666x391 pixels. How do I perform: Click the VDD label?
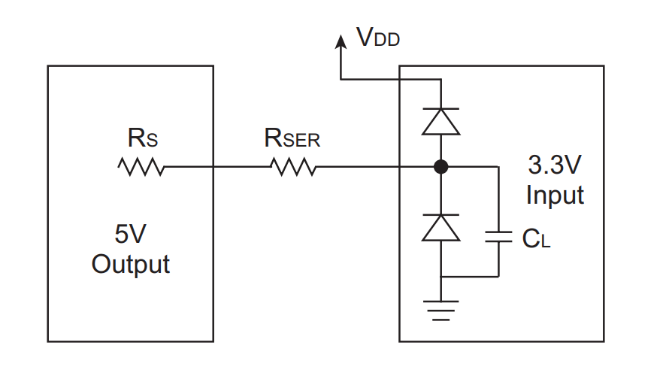tap(378, 37)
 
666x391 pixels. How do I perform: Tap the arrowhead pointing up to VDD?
tap(341, 41)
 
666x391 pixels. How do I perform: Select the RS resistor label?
tap(143, 138)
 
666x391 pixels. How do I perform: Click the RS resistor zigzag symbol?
tap(141, 167)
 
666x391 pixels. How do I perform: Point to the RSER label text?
tap(292, 138)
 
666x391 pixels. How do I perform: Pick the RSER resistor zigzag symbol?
tap(293, 167)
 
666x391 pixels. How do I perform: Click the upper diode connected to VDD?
tap(441, 122)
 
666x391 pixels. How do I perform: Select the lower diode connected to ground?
tap(441, 228)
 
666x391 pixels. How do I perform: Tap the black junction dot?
tap(441, 167)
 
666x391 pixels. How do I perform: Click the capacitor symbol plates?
tap(498, 237)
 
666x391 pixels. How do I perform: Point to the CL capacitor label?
tap(537, 238)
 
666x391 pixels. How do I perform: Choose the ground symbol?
tap(441, 311)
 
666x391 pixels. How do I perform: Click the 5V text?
tap(130, 234)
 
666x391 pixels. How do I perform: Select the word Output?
tap(130, 264)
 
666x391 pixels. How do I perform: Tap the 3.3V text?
tap(554, 165)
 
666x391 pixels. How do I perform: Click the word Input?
tap(555, 195)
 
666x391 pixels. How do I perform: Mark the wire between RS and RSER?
tap(217, 167)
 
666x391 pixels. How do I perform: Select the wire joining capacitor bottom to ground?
tap(470, 277)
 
